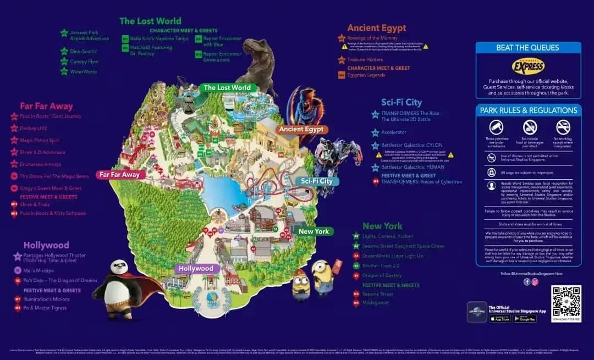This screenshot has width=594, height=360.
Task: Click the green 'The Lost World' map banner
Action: pyautogui.click(x=227, y=87)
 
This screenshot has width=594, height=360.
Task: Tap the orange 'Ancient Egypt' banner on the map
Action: pyautogui.click(x=302, y=130)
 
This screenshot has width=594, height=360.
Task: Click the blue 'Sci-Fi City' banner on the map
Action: pyautogui.click(x=317, y=181)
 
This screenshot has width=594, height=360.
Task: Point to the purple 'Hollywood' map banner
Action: pyautogui.click(x=196, y=269)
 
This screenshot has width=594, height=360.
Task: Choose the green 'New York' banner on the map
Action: pyautogui.click(x=313, y=231)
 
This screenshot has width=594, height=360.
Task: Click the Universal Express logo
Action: pyautogui.click(x=528, y=67)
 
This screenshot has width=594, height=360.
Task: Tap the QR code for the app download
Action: pyautogui.click(x=566, y=300)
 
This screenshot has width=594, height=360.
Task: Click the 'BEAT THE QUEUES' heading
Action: pyautogui.click(x=527, y=48)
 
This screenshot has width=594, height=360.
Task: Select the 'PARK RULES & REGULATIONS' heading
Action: pyautogui.click(x=528, y=110)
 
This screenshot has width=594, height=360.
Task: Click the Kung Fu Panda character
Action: pyautogui.click(x=118, y=280)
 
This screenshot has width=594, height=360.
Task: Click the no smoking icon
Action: pyautogui.click(x=563, y=127)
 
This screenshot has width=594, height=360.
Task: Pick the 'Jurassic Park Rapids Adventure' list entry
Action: pyautogui.click(x=89, y=35)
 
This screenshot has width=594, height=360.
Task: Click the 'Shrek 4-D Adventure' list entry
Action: pyautogui.click(x=42, y=152)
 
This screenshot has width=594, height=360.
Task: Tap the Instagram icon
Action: pyautogui.click(x=535, y=281)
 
